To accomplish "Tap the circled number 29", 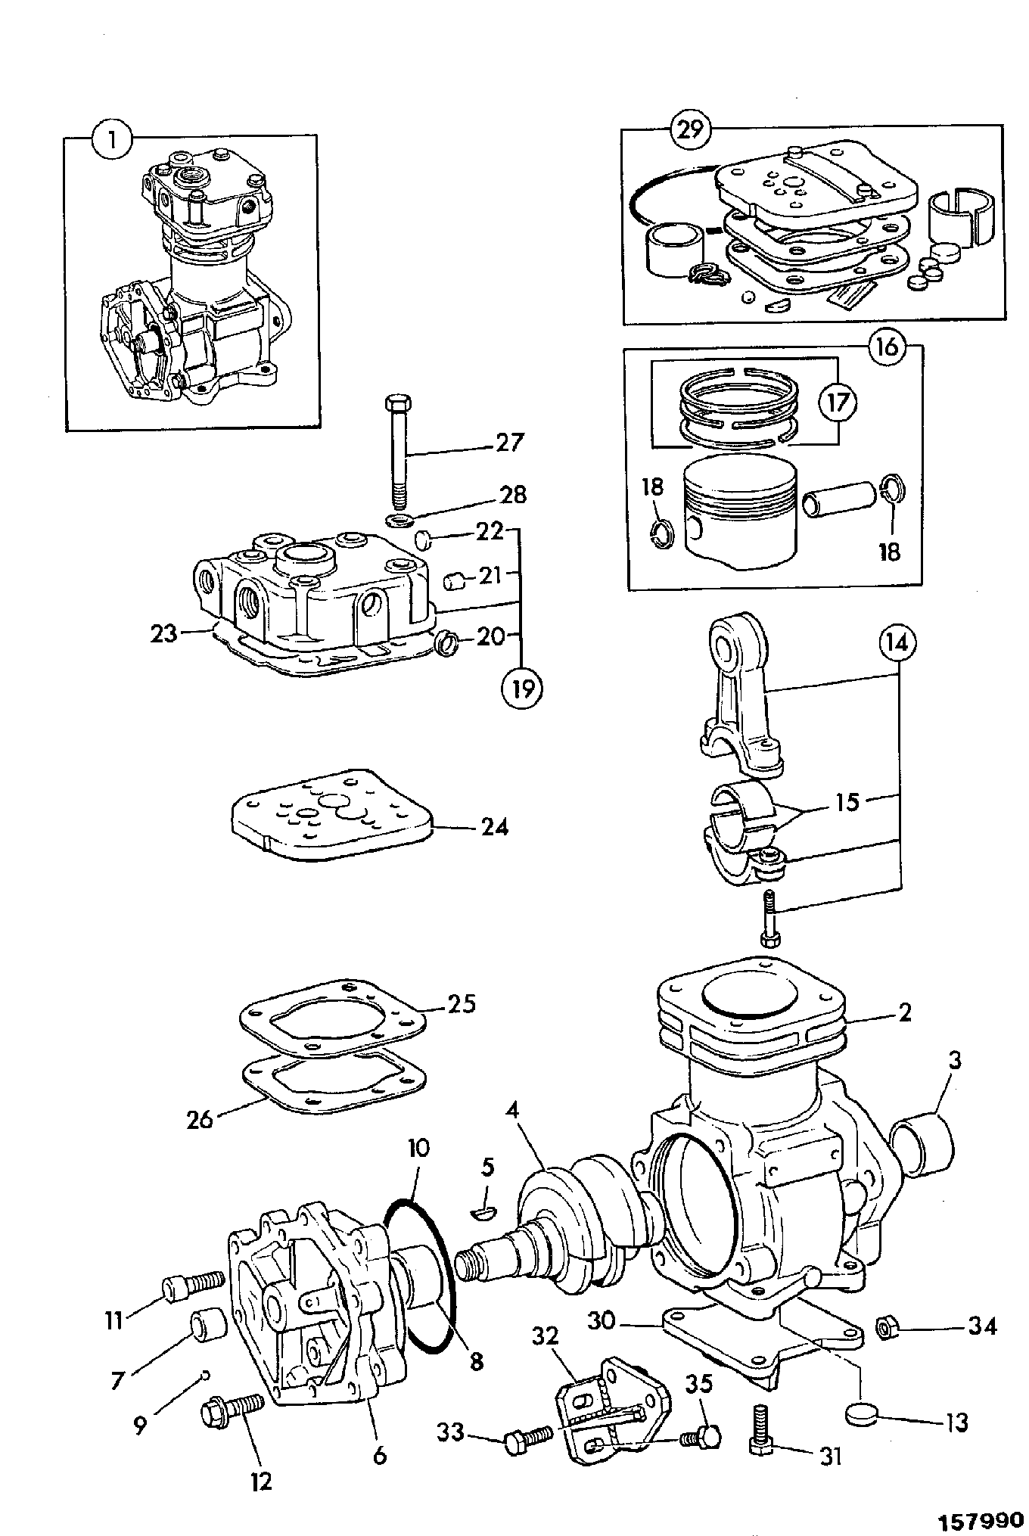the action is pos(690,130).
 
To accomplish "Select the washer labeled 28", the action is pos(398,520).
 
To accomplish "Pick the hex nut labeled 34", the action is pos(886,1326).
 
